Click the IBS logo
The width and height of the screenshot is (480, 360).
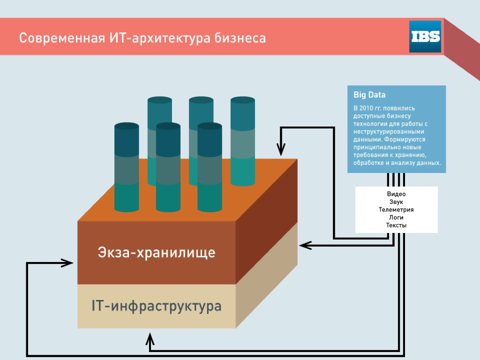click(425, 37)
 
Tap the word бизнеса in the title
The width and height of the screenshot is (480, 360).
click(240, 38)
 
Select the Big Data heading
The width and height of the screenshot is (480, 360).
click(369, 95)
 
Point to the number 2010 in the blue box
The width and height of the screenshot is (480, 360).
click(366, 108)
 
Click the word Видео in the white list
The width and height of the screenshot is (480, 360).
click(396, 194)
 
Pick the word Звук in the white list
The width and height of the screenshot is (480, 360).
click(396, 202)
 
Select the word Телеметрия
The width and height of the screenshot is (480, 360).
click(396, 210)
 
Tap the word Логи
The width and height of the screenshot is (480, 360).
click(396, 217)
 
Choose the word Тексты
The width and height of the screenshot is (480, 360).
click(396, 225)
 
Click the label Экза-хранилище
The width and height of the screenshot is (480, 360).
click(157, 253)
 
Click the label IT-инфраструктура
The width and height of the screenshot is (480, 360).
click(157, 306)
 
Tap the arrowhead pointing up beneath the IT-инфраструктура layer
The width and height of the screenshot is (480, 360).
click(150, 339)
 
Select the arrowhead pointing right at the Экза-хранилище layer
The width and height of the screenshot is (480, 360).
click(67, 262)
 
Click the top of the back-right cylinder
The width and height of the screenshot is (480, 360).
click(243, 100)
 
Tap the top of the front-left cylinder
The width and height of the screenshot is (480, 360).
click(127, 126)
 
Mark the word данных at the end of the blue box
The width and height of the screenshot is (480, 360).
click(430, 163)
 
